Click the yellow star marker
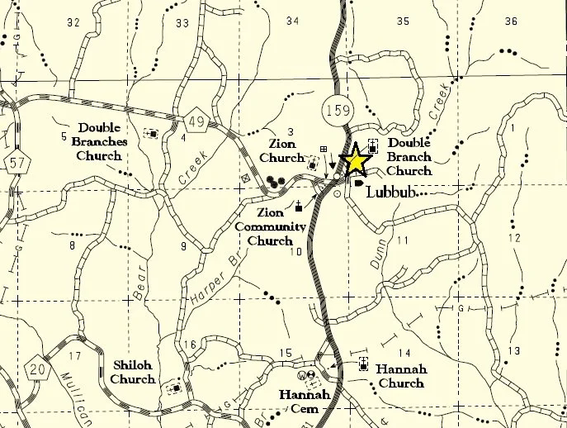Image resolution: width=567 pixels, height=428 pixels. [x=355, y=160]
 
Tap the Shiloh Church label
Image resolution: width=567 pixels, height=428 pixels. [x=132, y=373]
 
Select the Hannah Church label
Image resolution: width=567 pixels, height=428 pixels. [x=402, y=376]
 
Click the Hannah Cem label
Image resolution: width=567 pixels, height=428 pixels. [x=305, y=402]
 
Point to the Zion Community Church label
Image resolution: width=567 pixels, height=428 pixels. [x=271, y=227]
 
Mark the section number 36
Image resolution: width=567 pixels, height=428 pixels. [x=511, y=21]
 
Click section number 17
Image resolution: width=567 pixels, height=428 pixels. [x=75, y=357]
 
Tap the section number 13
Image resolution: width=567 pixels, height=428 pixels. [x=514, y=351]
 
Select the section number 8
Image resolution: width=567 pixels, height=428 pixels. [x=73, y=245]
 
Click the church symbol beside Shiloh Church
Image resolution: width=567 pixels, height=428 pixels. [x=174, y=387]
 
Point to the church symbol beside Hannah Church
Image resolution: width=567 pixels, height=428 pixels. [x=363, y=364]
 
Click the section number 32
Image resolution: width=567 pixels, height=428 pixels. [x=73, y=22]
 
